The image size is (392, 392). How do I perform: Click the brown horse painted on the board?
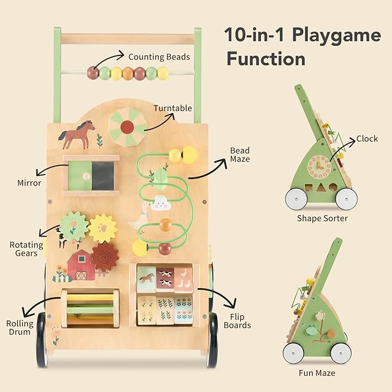(77, 135)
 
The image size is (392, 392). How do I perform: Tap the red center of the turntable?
(127, 127)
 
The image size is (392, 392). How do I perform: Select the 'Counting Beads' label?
(159, 57)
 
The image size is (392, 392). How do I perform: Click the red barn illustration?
(81, 265)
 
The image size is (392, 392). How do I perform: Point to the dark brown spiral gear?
(104, 257)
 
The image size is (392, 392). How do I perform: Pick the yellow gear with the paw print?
(103, 228)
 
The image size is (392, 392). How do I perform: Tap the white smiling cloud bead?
(160, 203)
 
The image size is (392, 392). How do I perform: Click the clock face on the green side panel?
(319, 167)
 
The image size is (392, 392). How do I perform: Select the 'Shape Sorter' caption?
(322, 218)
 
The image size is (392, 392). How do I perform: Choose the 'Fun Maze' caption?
(317, 374)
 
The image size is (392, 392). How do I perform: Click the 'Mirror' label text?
(29, 183)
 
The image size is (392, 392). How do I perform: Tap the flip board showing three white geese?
(184, 280)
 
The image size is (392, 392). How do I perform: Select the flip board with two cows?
(165, 279)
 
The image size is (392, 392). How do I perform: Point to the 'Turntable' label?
(173, 109)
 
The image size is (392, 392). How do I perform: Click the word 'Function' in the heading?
(266, 59)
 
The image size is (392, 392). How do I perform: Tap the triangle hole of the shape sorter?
(320, 188)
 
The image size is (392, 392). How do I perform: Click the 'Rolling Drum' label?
(20, 328)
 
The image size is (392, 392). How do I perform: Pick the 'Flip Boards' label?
(237, 321)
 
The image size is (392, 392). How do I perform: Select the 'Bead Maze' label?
(240, 155)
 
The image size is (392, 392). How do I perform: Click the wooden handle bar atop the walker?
(128, 39)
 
